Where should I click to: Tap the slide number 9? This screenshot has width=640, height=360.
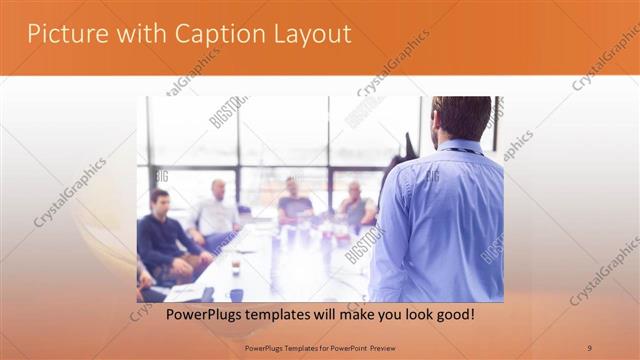pos(589,347)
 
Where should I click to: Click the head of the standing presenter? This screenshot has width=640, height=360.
pos(461,117)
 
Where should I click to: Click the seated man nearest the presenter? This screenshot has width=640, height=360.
pos(355,206)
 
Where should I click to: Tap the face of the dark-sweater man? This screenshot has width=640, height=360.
pos(157,201)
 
